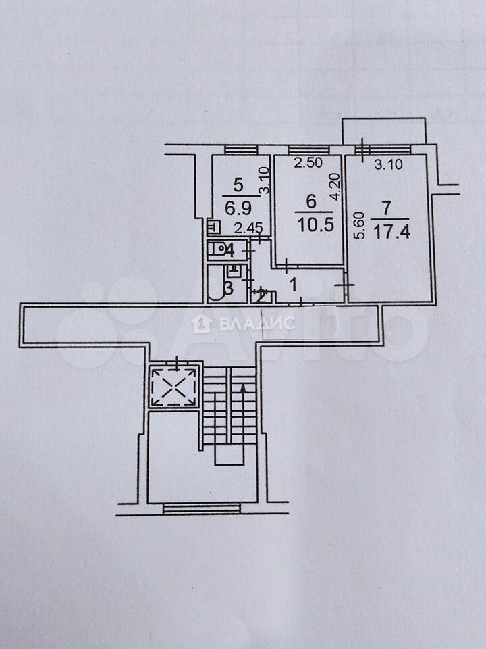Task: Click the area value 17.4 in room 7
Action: [x=391, y=232]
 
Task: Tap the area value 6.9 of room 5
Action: [x=238, y=208]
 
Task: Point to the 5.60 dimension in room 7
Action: [x=360, y=225]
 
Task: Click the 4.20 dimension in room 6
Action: [x=335, y=187]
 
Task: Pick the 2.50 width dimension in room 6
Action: [x=308, y=162]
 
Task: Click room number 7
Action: [x=386, y=208]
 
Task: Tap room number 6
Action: [x=311, y=201]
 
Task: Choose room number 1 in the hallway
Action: [x=294, y=285]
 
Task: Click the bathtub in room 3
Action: [x=216, y=283]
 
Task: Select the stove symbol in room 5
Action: [x=214, y=227]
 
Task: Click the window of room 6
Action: [x=308, y=150]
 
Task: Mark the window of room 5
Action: [x=242, y=150]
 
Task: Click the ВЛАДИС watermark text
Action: [x=257, y=324]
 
